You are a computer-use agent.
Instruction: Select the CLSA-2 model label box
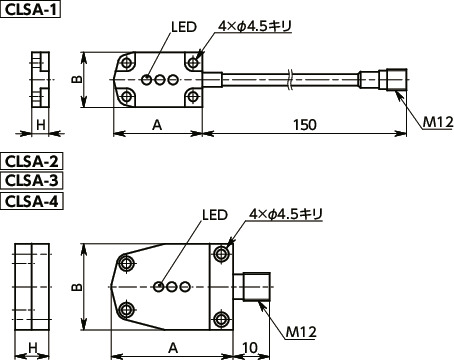(x=32, y=162)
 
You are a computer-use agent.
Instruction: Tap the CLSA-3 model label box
(x=32, y=181)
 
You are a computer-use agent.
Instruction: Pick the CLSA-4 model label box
(x=32, y=201)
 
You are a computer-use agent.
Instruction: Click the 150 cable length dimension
(x=305, y=125)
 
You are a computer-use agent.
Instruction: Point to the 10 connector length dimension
(x=250, y=348)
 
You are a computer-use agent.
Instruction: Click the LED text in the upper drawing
(x=184, y=27)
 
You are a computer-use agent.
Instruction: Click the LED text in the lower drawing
(x=215, y=215)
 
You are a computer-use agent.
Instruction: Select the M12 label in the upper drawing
(x=438, y=123)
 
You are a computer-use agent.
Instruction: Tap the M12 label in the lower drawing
(x=301, y=332)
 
